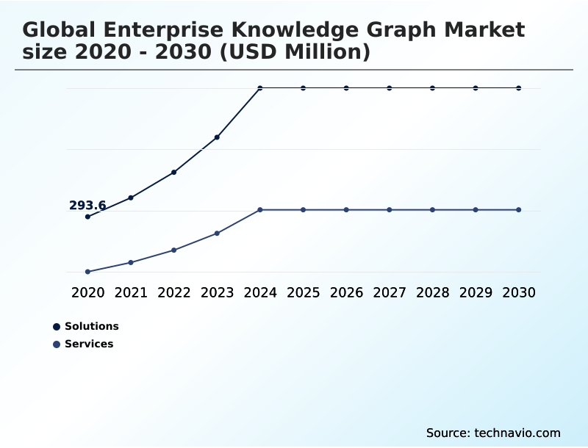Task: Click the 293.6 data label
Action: pyautogui.click(x=87, y=206)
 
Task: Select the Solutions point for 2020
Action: pyautogui.click(x=87, y=217)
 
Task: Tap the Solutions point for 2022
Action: pyautogui.click(x=173, y=173)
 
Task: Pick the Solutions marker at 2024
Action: pyautogui.click(x=260, y=88)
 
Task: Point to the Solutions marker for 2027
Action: pyautogui.click(x=390, y=88)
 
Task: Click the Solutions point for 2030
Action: pyautogui.click(x=519, y=88)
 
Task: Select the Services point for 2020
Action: pyautogui.click(x=87, y=272)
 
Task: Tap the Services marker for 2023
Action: pyautogui.click(x=217, y=234)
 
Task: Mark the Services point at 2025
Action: pyautogui.click(x=303, y=210)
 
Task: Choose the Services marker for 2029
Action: pyautogui.click(x=476, y=210)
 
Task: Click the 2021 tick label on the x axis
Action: pyautogui.click(x=131, y=292)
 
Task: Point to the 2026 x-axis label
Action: pyautogui.click(x=346, y=292)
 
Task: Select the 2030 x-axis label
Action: pyautogui.click(x=519, y=292)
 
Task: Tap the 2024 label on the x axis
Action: pyautogui.click(x=260, y=292)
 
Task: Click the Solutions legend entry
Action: pyautogui.click(x=91, y=327)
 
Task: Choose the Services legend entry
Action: pyautogui.click(x=88, y=344)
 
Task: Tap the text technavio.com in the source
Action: pyautogui.click(x=517, y=433)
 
